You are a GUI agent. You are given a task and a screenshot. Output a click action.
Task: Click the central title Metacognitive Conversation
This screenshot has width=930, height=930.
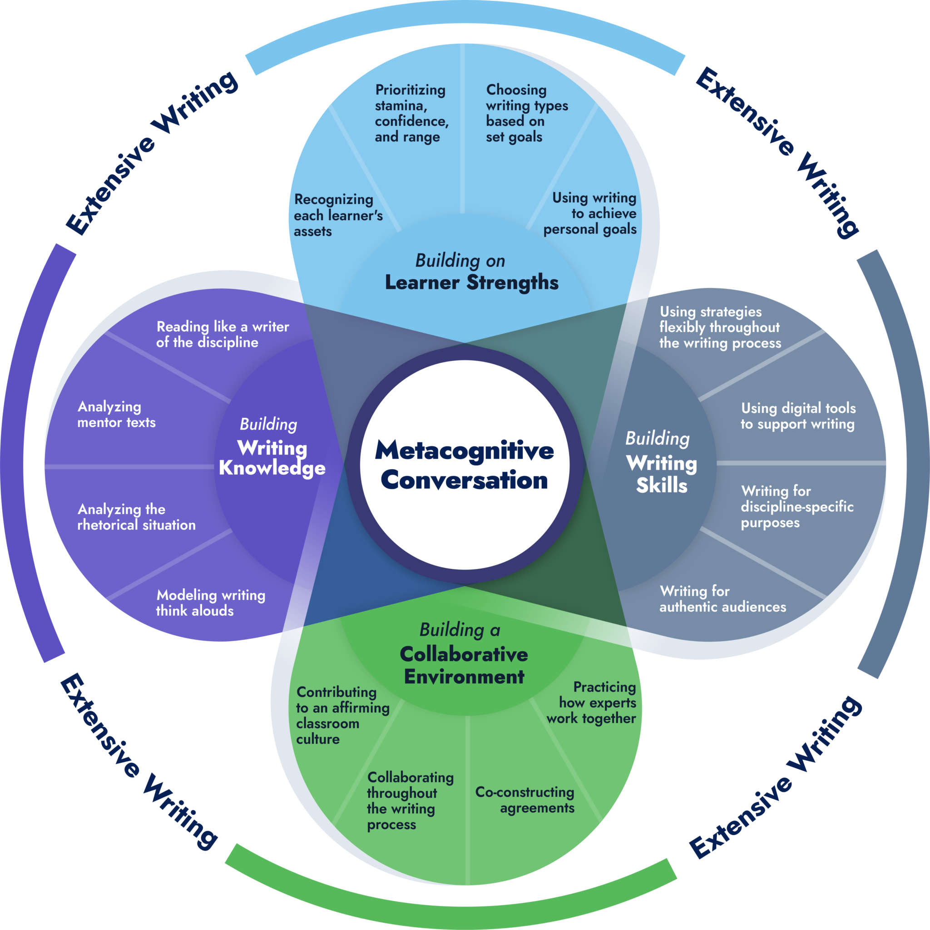coord(465,465)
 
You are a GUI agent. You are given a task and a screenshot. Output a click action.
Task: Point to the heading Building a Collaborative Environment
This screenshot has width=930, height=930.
coord(464,654)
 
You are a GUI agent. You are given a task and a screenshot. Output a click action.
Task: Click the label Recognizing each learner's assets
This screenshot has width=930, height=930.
coord(338,215)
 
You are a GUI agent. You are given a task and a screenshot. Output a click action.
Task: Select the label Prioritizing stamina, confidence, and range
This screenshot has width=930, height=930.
coord(411,113)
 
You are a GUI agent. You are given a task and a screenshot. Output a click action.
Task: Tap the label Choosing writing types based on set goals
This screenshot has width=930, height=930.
coord(527,113)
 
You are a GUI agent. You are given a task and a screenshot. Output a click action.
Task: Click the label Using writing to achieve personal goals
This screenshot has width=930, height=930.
coord(590,213)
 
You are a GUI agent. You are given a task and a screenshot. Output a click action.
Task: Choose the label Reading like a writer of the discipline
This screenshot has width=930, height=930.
coord(223,335)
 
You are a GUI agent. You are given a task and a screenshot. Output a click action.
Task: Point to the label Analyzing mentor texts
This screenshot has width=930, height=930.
coord(117,415)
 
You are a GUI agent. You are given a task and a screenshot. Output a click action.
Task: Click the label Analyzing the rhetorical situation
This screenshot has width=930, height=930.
coord(136,517)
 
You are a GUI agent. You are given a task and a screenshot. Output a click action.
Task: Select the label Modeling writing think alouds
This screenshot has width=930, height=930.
coord(210,603)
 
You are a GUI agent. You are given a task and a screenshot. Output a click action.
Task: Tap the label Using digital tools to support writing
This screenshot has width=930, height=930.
coord(797,416)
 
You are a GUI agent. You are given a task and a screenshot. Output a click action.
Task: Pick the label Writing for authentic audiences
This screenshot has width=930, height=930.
coord(722,599)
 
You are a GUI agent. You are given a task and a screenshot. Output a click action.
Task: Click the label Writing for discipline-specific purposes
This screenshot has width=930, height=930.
coord(796,506)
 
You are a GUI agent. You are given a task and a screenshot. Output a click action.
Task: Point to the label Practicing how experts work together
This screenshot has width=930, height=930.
coord(592,702)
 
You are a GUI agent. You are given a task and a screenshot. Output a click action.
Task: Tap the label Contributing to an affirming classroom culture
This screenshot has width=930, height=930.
coord(342,715)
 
